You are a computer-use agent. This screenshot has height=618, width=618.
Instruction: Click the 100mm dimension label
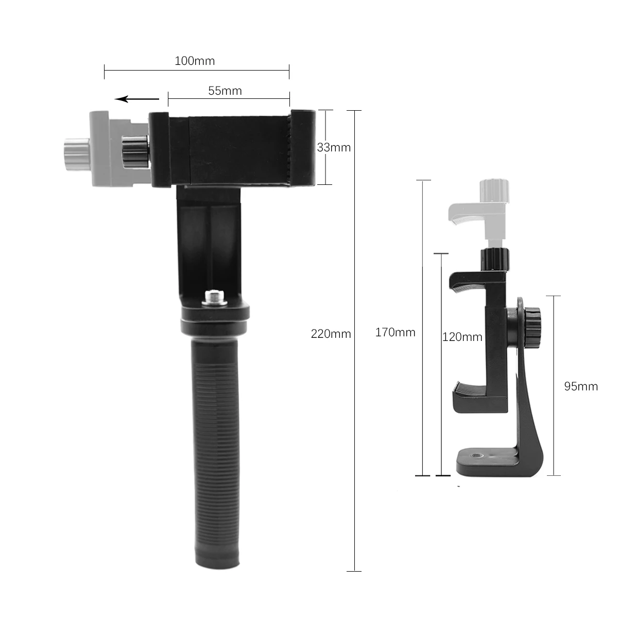point(195,61)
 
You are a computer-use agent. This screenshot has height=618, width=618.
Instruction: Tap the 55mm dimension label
point(225,91)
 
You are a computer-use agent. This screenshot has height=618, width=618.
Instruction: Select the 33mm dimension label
point(334,147)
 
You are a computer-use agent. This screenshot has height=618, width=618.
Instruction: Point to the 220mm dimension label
point(331,334)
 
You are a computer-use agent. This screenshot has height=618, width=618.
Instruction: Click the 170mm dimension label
point(395,332)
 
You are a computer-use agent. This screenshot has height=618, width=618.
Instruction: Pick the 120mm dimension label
point(462,337)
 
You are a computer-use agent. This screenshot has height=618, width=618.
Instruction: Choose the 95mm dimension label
point(581,386)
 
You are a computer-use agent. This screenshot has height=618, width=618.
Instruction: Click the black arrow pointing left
point(136,99)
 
